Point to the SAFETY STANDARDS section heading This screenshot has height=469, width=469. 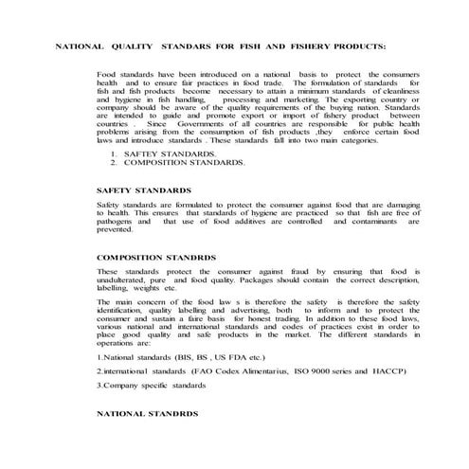click(141, 189)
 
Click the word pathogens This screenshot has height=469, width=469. click(116, 221)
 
